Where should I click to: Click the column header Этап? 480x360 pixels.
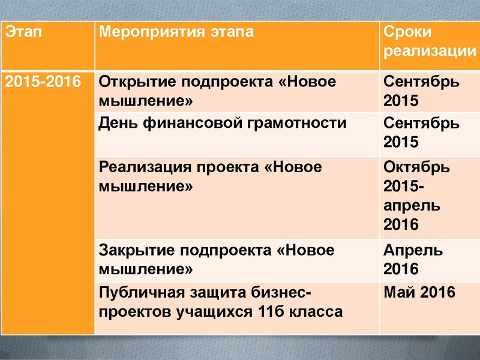point(25,33)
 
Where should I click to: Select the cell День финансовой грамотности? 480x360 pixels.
point(223,124)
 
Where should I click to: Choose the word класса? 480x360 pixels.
point(315,311)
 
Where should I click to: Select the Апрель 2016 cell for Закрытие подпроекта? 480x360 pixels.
point(413,259)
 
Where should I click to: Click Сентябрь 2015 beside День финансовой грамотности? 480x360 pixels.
point(422,133)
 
